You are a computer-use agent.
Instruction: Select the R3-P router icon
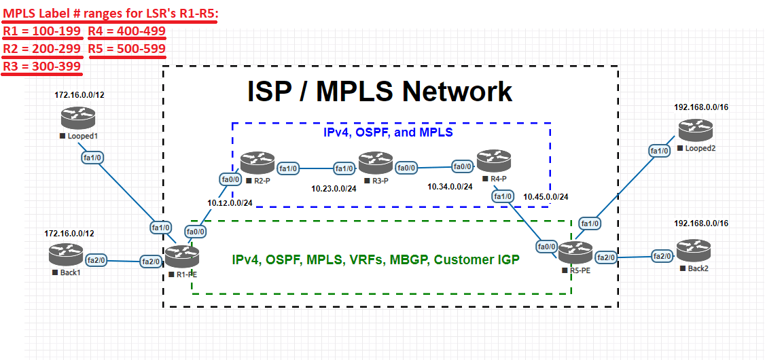375,163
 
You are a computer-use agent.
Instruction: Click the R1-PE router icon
182,257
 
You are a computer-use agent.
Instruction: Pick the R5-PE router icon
574,253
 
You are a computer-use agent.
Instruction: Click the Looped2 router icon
694,130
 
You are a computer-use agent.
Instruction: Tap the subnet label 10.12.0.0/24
231,202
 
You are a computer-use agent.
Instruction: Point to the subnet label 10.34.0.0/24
450,186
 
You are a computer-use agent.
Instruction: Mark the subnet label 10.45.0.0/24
546,197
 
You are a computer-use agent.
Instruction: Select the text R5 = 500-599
126,49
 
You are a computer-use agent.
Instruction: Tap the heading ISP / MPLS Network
379,91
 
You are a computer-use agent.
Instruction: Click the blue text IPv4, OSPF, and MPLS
388,132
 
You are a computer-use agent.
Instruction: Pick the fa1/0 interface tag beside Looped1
92,157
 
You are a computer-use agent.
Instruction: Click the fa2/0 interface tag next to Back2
661,256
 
